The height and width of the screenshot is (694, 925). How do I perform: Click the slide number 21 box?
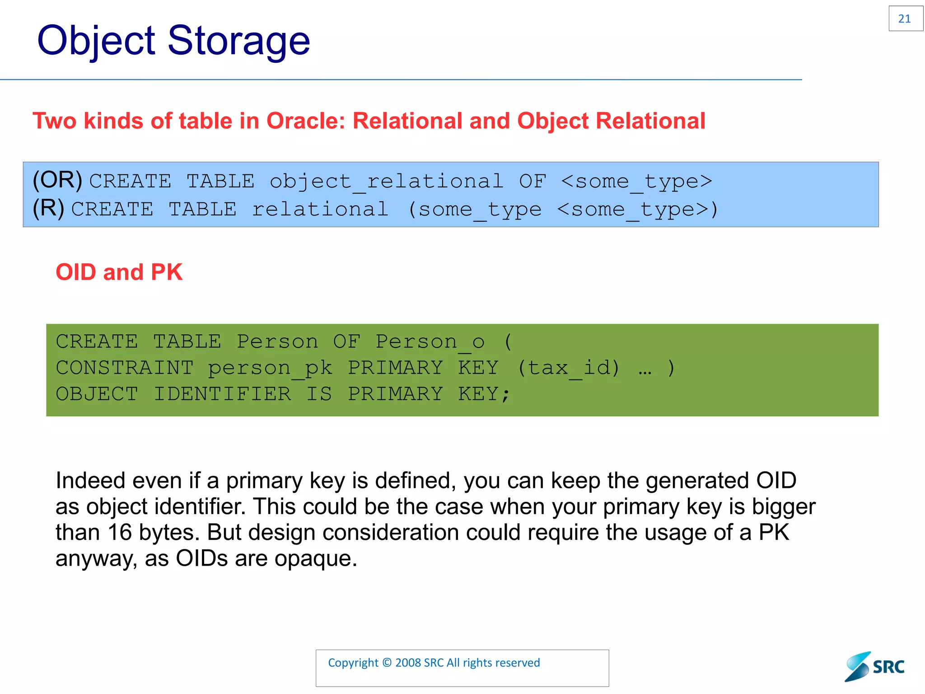click(905, 19)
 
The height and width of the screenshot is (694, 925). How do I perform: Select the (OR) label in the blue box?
click(57, 180)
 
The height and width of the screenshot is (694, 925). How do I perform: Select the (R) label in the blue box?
click(48, 208)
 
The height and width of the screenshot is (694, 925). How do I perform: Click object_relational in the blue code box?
click(386, 182)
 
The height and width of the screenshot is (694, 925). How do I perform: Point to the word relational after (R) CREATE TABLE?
click(320, 209)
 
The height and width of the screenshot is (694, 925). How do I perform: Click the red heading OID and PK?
click(119, 272)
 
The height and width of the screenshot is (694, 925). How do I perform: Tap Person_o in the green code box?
click(430, 342)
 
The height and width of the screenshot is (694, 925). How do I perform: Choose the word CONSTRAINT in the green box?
click(125, 368)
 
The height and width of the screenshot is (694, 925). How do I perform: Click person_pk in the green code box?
click(270, 368)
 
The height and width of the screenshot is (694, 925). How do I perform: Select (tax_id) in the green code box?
click(568, 368)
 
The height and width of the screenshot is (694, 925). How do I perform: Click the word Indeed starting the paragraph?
click(90, 481)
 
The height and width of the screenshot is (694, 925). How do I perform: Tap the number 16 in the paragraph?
click(119, 533)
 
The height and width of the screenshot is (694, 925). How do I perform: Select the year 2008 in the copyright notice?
click(408, 663)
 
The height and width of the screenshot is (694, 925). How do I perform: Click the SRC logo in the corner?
click(874, 666)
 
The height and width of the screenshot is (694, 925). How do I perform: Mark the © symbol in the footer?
click(387, 663)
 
